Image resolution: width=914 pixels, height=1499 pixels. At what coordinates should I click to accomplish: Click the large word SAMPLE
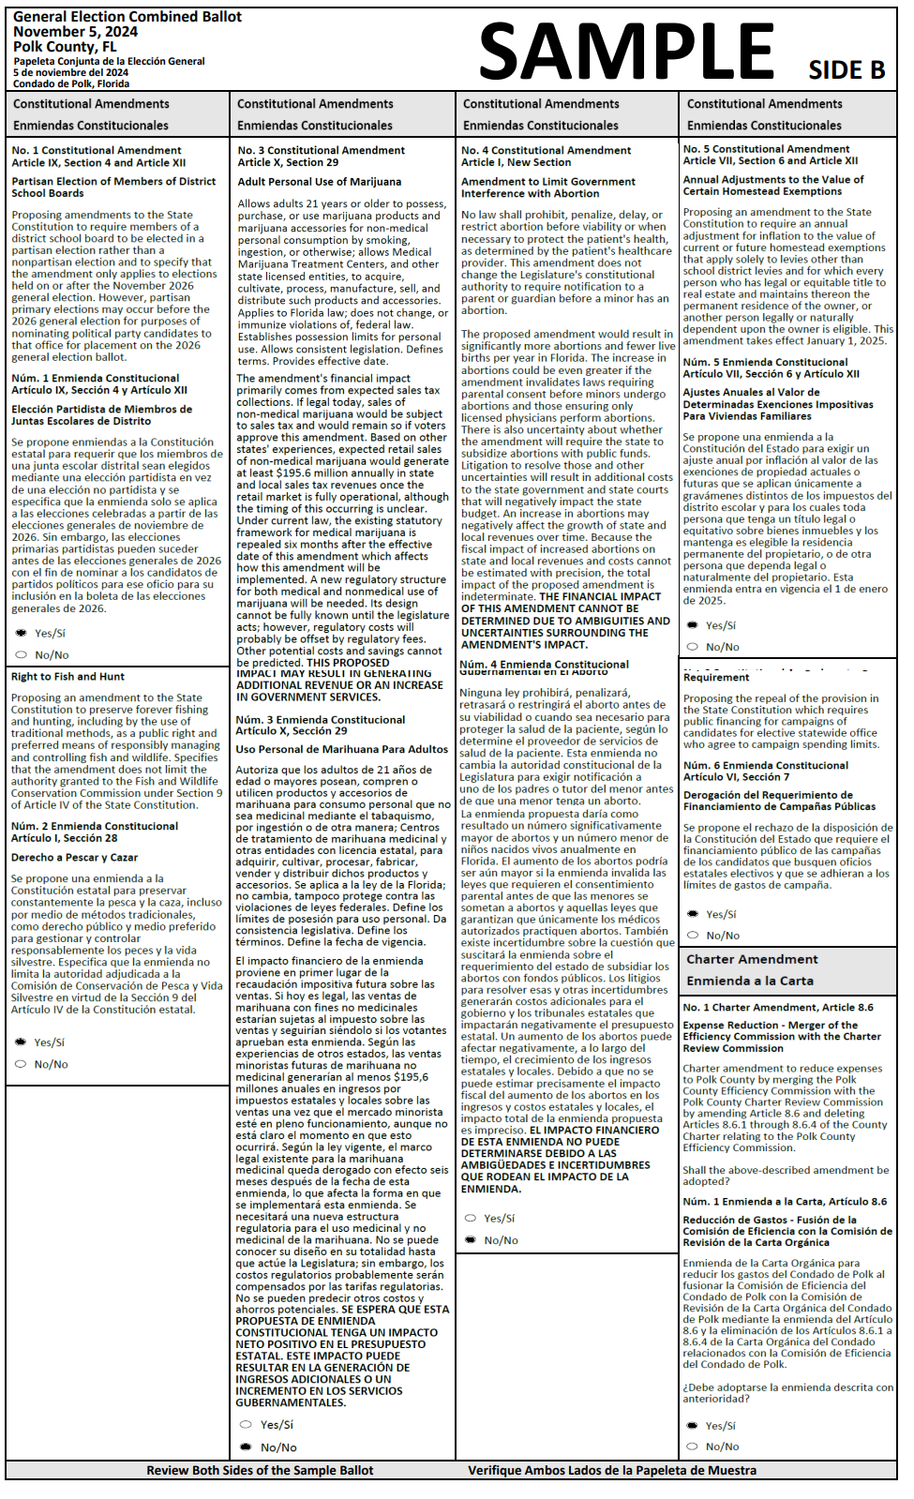coord(626,52)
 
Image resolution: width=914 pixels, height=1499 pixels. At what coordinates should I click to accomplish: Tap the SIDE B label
coord(847,70)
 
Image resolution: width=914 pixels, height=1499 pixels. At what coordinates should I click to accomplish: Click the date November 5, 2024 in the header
coord(75,32)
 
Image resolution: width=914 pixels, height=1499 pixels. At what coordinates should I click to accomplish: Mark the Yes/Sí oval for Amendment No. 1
coord(22,633)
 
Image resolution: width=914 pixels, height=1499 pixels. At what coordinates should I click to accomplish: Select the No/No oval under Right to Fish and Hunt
coord(21,1064)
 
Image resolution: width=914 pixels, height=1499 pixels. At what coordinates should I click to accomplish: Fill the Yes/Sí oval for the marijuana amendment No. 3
coord(247,1425)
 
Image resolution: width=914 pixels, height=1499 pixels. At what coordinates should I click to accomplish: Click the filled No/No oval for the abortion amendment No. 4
coord(471,1240)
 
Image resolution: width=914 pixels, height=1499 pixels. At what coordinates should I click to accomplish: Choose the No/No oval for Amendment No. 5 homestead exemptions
coord(692,647)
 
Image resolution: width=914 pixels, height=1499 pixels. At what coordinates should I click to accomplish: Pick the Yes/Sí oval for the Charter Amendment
coord(692,1426)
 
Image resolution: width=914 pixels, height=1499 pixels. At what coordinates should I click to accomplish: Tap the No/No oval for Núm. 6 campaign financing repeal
coord(692,936)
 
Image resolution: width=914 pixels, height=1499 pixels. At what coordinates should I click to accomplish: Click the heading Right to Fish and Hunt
coord(67,677)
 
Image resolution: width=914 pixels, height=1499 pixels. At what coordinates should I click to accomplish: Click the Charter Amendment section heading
coord(752,960)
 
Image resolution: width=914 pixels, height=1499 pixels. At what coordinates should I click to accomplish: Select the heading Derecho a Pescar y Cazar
coord(74,858)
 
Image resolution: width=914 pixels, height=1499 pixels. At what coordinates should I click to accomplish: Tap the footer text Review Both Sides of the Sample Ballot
coord(260,1471)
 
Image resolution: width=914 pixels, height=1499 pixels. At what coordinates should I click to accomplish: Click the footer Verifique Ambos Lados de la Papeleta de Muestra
coord(612,1471)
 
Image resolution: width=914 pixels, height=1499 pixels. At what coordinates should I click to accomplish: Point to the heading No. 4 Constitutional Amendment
coord(546,150)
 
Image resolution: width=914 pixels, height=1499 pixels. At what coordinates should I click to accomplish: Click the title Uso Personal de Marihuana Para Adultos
coord(341,749)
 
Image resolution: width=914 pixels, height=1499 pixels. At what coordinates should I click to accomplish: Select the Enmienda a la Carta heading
coord(750,982)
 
